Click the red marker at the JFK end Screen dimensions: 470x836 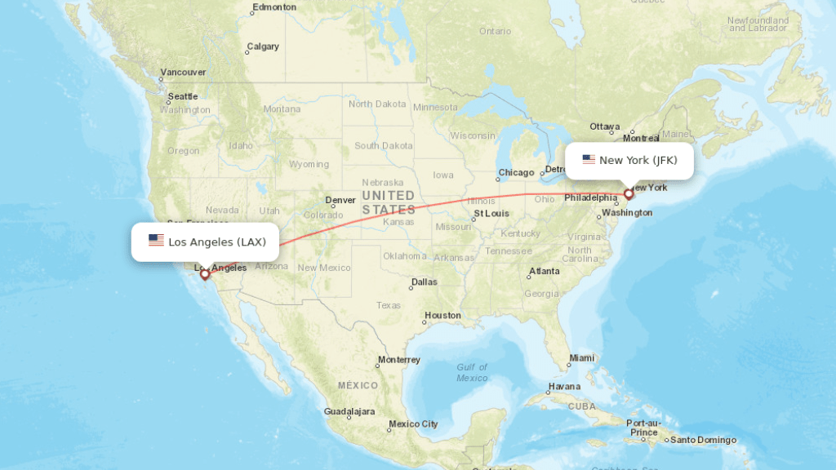pyautogui.click(x=629, y=193)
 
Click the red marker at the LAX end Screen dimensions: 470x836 pyautogui.click(x=205, y=274)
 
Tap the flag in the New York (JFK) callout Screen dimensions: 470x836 pyautogui.click(x=589, y=160)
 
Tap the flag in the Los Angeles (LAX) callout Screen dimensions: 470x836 pyautogui.click(x=156, y=241)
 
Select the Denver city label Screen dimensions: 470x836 pyautogui.click(x=340, y=200)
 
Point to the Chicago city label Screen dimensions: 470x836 pyautogui.click(x=516, y=172)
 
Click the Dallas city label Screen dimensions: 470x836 pyautogui.click(x=425, y=282)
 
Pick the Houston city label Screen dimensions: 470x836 pyautogui.click(x=443, y=315)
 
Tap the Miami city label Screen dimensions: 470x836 pyautogui.click(x=583, y=357)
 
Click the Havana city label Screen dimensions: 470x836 pyautogui.click(x=564, y=386)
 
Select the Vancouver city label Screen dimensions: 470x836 pyautogui.click(x=183, y=73)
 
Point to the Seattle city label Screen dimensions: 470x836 pyautogui.click(x=183, y=96)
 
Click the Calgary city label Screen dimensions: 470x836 pyautogui.click(x=263, y=47)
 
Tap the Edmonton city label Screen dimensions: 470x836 pyautogui.click(x=274, y=7)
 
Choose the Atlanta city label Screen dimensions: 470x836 pyautogui.click(x=544, y=271)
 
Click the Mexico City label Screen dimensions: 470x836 pyautogui.click(x=413, y=424)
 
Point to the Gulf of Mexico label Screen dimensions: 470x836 pyautogui.click(x=472, y=372)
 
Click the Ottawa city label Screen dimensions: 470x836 pyautogui.click(x=605, y=126)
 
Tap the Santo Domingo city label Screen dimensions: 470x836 pyautogui.click(x=703, y=441)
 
